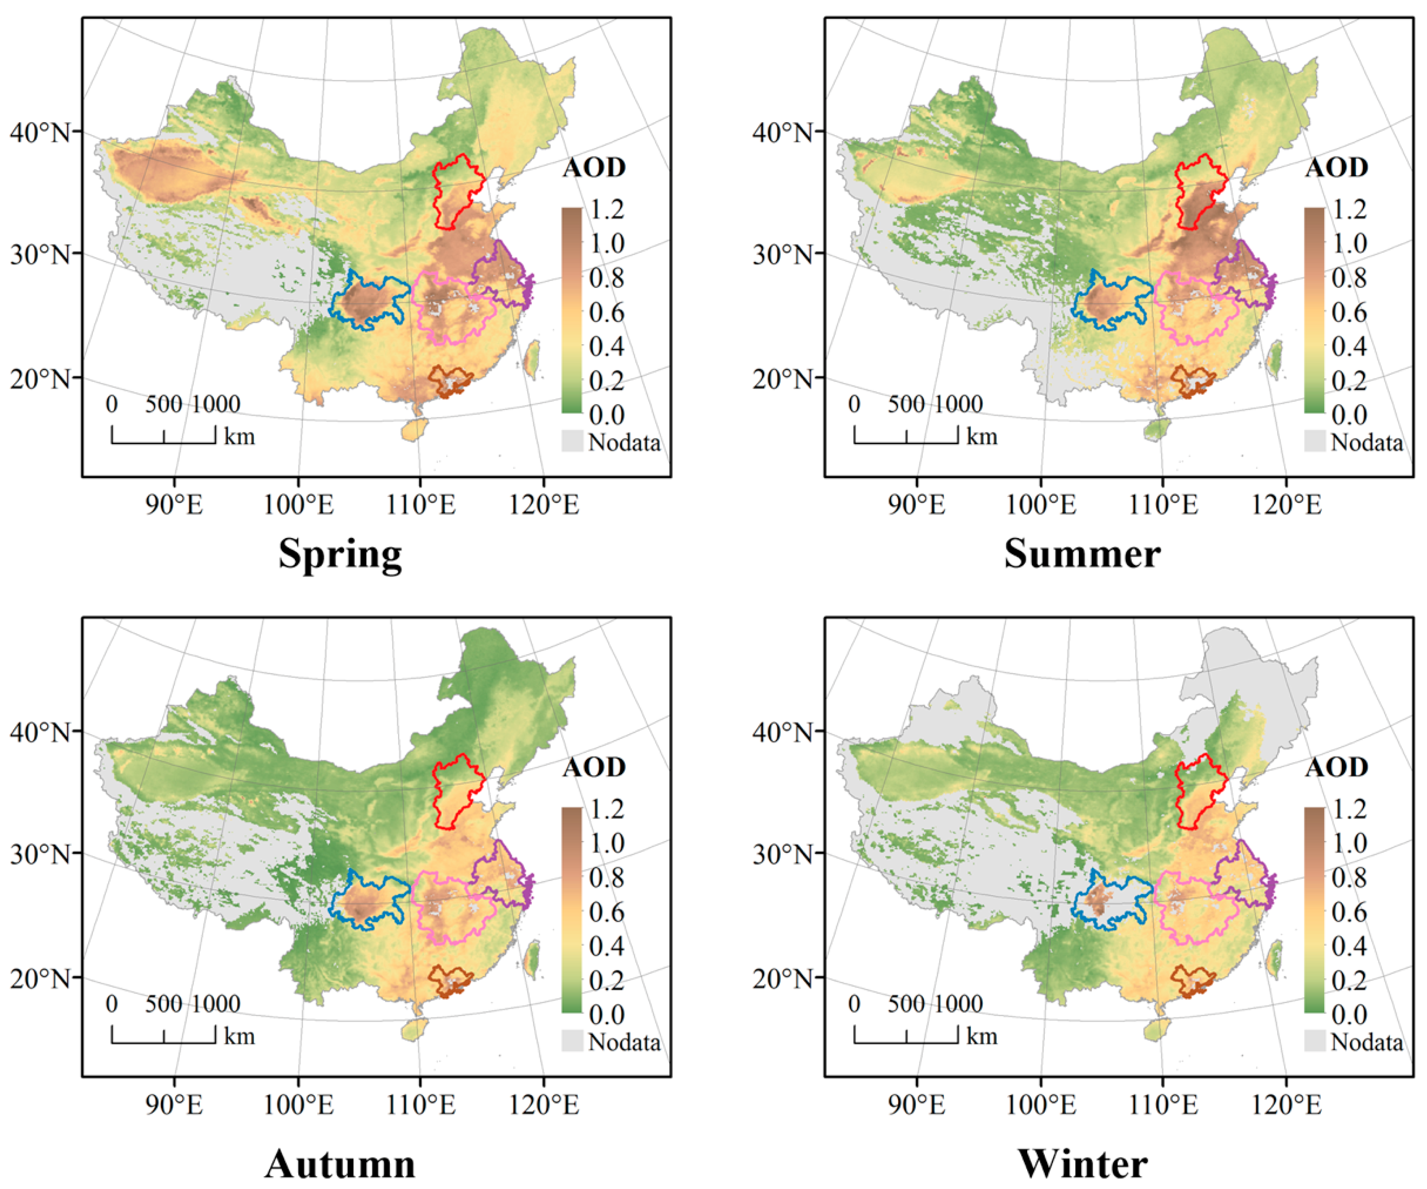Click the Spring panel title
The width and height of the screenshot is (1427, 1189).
click(x=340, y=554)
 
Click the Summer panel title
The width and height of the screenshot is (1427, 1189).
click(x=1082, y=554)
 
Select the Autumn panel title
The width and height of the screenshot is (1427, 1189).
click(x=340, y=1164)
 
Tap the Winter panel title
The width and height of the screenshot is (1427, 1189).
click(x=1082, y=1164)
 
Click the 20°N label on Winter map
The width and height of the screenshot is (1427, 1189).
click(x=783, y=979)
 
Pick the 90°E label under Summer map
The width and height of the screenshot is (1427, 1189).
click(x=917, y=505)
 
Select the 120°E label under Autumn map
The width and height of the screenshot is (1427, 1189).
click(x=544, y=1105)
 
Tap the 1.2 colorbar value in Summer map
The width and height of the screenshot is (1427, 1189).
click(x=1349, y=209)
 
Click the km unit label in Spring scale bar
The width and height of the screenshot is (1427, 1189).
click(x=239, y=436)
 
